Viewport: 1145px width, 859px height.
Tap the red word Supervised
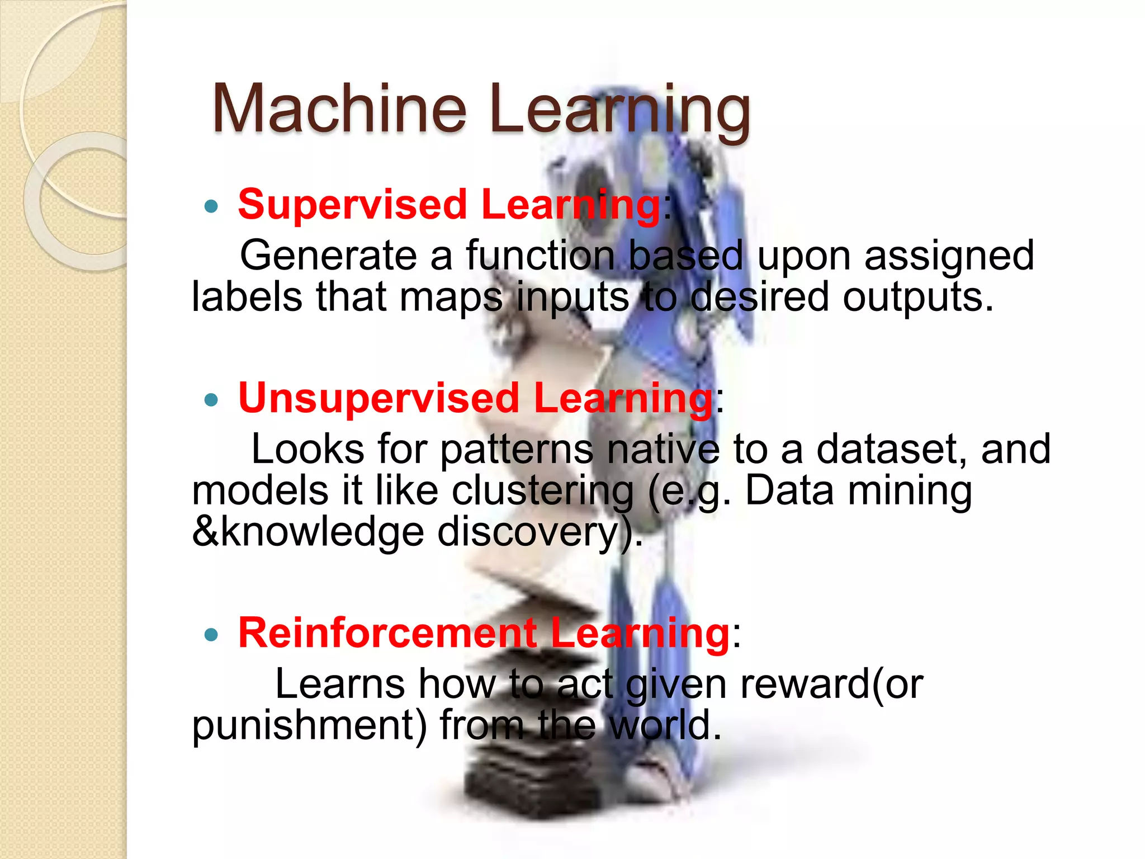pyautogui.click(x=352, y=205)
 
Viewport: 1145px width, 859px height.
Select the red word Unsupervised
pyautogui.click(x=379, y=398)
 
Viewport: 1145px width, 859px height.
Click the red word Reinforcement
pyautogui.click(x=387, y=633)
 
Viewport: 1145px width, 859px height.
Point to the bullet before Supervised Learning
pyautogui.click(x=211, y=207)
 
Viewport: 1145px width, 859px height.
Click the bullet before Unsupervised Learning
pyautogui.click(x=211, y=400)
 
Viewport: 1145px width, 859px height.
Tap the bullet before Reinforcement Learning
pyautogui.click(x=211, y=635)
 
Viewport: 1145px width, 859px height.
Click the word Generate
pyautogui.click(x=328, y=256)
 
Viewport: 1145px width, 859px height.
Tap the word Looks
pyautogui.click(x=307, y=449)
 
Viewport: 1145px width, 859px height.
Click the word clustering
pyautogui.click(x=542, y=491)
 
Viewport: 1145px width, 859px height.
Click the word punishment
pyautogui.click(x=309, y=725)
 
